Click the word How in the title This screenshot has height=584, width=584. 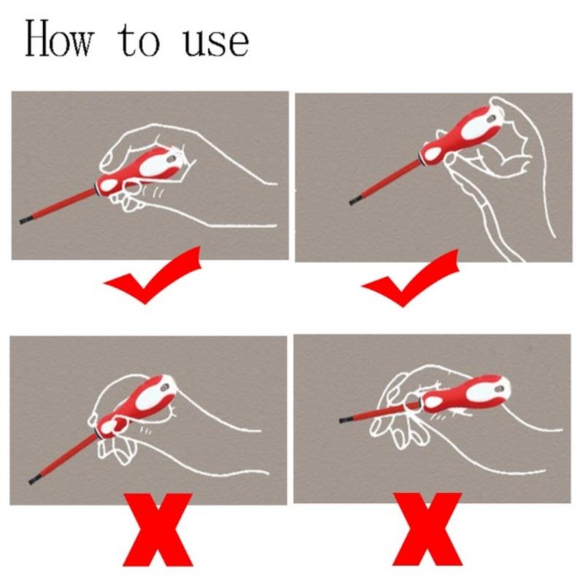point(59,39)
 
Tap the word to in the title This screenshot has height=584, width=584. point(139,41)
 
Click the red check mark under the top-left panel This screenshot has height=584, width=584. point(153,276)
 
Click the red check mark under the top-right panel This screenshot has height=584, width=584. point(410,278)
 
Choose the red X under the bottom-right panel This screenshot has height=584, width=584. point(428,529)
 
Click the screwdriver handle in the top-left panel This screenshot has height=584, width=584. point(141,168)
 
